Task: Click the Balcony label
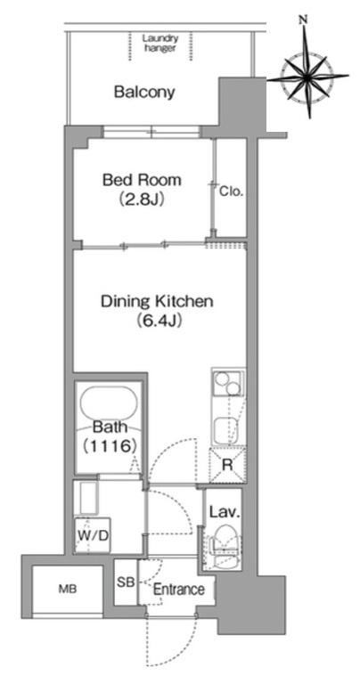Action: pos(144,93)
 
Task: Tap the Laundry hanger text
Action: pos(160,44)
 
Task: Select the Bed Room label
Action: pos(142,180)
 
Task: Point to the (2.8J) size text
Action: pos(142,199)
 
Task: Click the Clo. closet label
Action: pos(232,191)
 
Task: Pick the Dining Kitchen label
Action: pos(157,302)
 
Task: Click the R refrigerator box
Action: pos(228,465)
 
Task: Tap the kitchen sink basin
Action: pos(227,429)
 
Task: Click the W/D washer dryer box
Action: pos(93,535)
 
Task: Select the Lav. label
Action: pos(225,513)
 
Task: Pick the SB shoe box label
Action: pos(126,582)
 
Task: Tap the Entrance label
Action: pos(179,590)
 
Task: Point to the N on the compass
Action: pos(303,20)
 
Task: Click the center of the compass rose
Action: pos(307,77)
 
